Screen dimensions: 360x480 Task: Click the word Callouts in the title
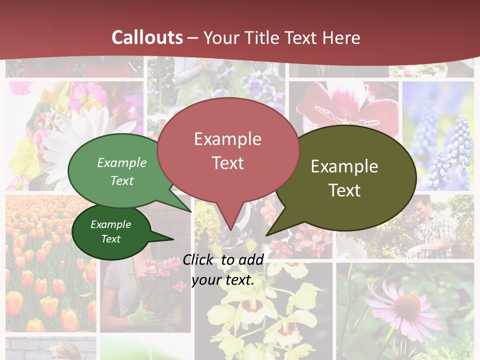(147, 37)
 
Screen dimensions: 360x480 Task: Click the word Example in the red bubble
(227, 138)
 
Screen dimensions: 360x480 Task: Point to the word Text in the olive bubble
(344, 190)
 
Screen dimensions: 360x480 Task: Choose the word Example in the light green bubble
(122, 163)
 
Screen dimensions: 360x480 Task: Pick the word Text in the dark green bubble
(111, 239)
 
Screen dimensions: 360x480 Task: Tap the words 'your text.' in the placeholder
(222, 280)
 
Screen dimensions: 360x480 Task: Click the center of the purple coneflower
(406, 302)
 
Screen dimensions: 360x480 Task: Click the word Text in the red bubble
(227, 163)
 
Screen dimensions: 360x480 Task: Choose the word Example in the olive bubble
(344, 166)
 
